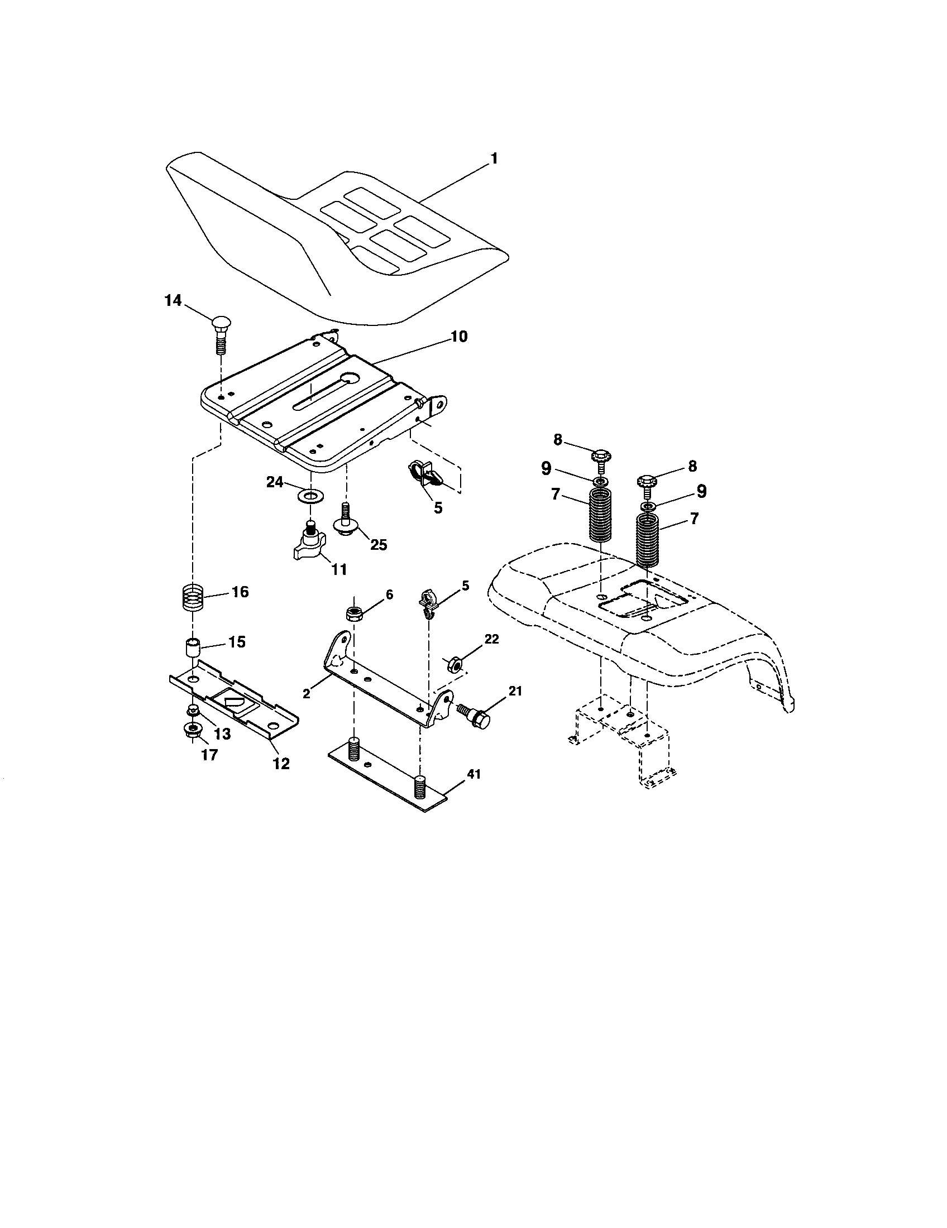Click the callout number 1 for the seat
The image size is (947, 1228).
point(493,159)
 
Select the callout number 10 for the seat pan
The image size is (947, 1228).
point(458,337)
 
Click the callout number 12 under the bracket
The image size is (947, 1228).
point(281,764)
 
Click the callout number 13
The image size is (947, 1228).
point(222,735)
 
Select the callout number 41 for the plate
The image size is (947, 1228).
point(474,774)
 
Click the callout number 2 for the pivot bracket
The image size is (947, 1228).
point(307,694)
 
